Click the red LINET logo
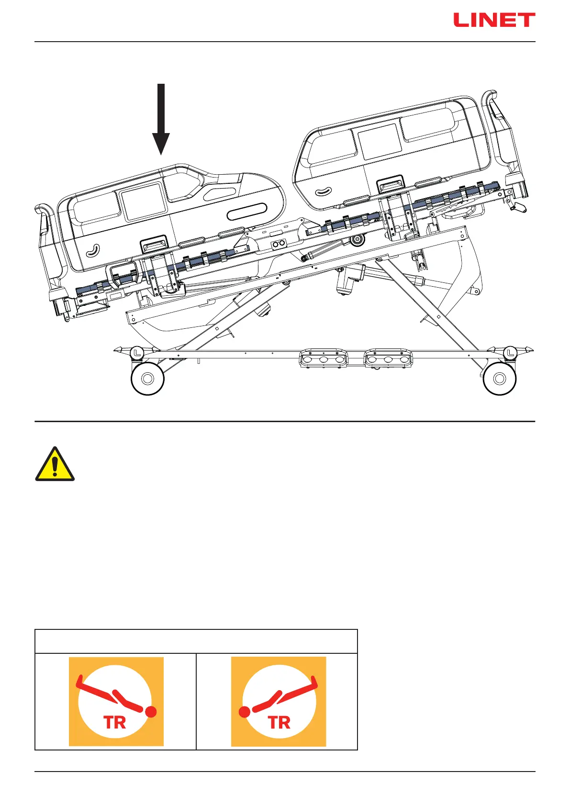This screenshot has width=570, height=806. [494, 20]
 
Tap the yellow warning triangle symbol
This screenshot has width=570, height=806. [55, 464]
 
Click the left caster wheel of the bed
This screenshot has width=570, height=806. [147, 379]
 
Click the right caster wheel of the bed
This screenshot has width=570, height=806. [500, 379]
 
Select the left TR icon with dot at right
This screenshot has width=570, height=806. [116, 702]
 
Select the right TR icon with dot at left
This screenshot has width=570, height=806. [279, 702]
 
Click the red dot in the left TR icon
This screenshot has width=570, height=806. [151, 712]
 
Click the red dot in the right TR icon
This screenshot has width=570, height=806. [245, 712]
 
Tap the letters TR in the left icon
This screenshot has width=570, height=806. [114, 723]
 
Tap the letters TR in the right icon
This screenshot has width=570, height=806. [279, 723]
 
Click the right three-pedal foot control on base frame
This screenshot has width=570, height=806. [389, 359]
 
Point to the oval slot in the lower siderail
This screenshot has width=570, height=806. [247, 211]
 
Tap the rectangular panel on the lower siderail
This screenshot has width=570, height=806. [143, 201]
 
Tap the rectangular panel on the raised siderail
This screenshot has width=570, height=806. [380, 142]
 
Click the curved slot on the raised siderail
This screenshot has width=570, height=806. [324, 191]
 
